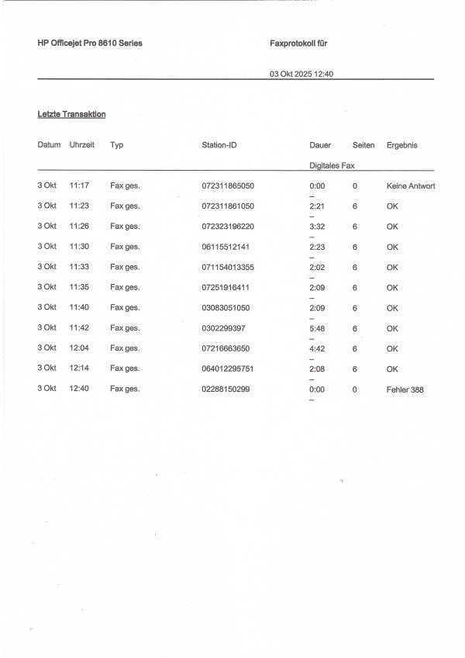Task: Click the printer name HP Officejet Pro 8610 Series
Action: (x=90, y=43)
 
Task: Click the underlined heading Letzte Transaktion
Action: (x=71, y=115)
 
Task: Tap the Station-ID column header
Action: (x=219, y=145)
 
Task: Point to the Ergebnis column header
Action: (x=402, y=145)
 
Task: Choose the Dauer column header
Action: (x=319, y=145)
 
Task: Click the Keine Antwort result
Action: (x=411, y=186)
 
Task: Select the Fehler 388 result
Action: (x=405, y=389)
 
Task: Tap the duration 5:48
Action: (x=315, y=328)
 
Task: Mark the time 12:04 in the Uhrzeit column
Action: (x=80, y=348)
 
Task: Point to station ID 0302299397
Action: (x=223, y=328)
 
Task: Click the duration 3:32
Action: (x=315, y=227)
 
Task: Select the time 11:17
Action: (x=80, y=186)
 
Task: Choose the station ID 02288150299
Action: (x=226, y=389)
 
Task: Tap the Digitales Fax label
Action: (x=332, y=165)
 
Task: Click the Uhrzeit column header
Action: (x=81, y=145)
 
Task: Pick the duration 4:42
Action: (x=315, y=348)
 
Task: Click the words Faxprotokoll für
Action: (x=294, y=43)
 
